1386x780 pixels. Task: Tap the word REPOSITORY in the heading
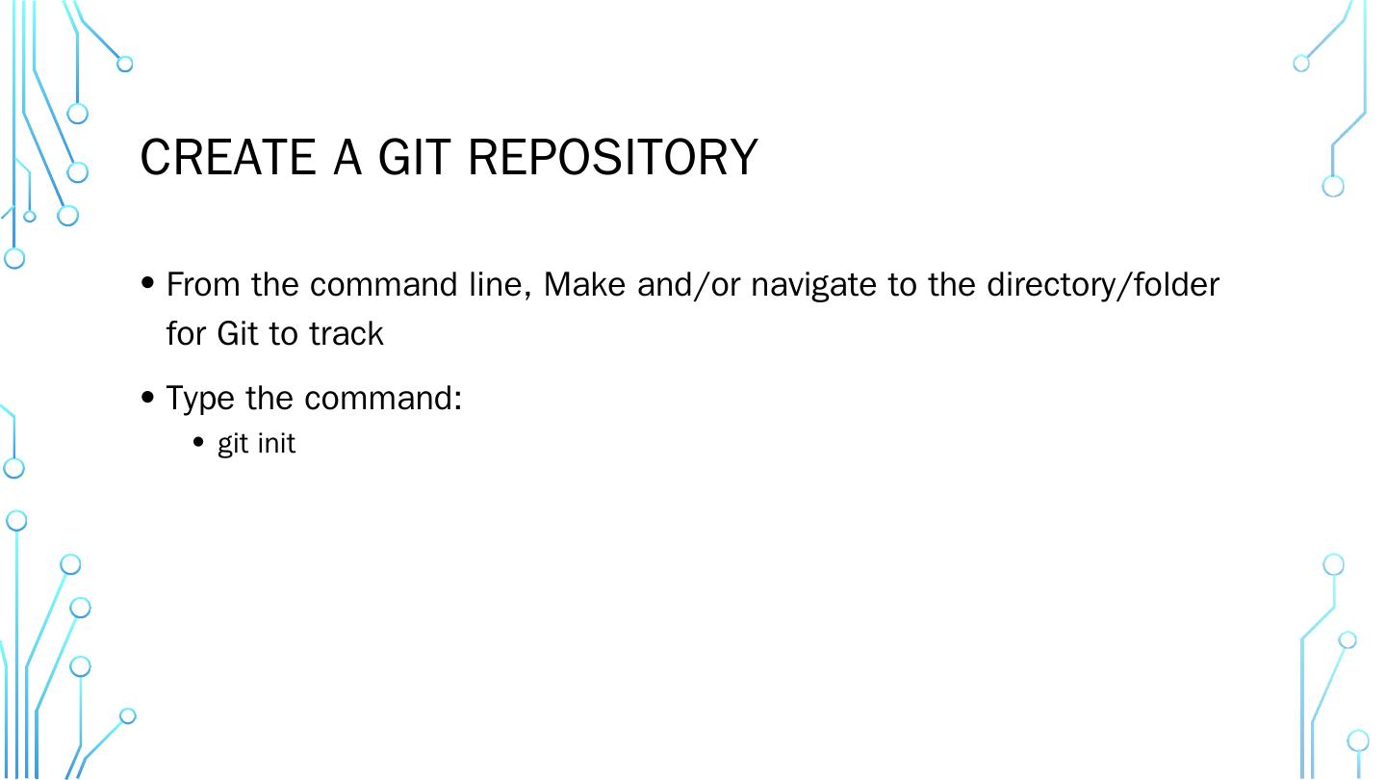point(613,157)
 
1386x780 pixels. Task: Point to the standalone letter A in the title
point(347,157)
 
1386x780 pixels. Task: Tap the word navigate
point(814,286)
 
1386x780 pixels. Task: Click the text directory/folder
point(1103,285)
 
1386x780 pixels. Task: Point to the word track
point(346,333)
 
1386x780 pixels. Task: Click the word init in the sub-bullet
point(277,444)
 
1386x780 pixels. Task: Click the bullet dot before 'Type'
point(147,396)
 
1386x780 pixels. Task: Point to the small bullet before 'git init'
point(199,443)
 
